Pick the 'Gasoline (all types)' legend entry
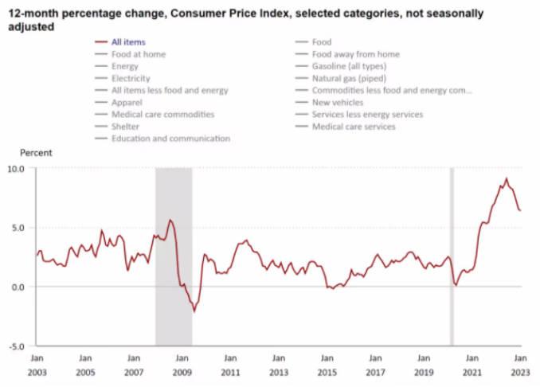coord(349,66)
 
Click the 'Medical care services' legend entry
coord(354,126)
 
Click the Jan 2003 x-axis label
coord(37,365)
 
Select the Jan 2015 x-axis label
coord(327,365)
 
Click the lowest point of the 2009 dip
coord(193,311)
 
